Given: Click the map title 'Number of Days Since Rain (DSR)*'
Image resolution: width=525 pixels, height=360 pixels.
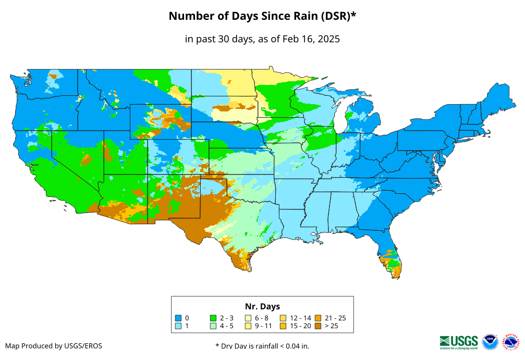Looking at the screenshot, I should (262, 16).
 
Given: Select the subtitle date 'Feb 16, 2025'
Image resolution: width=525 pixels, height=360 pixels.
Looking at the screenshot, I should (311, 39).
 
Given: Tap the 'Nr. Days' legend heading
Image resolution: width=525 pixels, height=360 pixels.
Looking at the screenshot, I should (262, 306).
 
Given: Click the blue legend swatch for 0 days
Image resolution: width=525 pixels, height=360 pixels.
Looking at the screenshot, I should (178, 318).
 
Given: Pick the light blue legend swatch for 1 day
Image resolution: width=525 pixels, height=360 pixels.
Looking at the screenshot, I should (178, 326).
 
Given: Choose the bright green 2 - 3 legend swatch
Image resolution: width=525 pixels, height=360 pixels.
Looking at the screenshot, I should (213, 318).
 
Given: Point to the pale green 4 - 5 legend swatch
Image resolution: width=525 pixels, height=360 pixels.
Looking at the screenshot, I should (213, 326).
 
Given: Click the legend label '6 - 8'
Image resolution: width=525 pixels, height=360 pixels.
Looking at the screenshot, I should (262, 318).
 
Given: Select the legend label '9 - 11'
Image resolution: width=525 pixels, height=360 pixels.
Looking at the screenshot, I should (263, 326).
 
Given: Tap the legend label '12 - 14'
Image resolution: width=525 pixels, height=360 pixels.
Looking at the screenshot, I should (301, 318).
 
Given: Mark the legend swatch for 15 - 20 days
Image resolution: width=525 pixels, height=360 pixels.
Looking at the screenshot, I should (283, 326).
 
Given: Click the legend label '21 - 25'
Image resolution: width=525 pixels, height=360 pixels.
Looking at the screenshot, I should (335, 318).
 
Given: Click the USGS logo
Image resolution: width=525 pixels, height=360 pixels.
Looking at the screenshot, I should (459, 342).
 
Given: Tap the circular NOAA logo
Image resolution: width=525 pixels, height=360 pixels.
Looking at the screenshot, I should (490, 342).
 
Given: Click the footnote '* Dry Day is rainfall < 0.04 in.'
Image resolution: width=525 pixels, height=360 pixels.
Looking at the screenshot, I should (262, 346).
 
